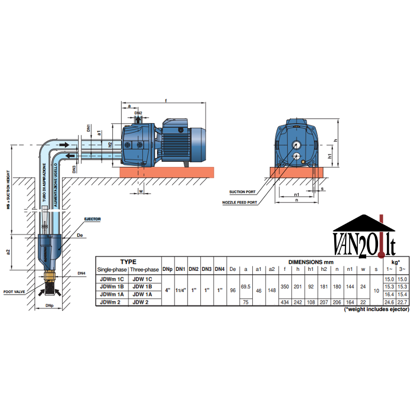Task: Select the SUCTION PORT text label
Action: [x=243, y=192]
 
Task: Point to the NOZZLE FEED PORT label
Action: [x=240, y=203]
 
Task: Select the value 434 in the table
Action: [x=284, y=302]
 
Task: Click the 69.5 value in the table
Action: [x=246, y=286]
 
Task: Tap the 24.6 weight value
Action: [x=390, y=302]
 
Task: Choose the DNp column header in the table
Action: [x=168, y=269]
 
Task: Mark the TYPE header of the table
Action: [x=128, y=262]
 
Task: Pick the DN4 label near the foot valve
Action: [x=81, y=273]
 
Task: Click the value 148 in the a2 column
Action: [x=271, y=290]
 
